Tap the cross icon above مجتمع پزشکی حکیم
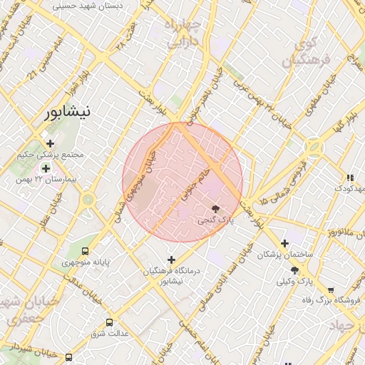coord(49,143)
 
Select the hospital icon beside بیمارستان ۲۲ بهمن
coord(46,168)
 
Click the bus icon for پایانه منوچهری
coord(86,251)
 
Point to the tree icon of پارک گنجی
coord(216,208)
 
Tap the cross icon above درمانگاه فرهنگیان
coord(171,259)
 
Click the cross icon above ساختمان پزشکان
coord(285,243)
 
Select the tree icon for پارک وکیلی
coord(294,270)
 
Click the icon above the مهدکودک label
coord(349,178)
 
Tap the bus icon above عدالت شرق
coord(109,322)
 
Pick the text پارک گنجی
coord(215,221)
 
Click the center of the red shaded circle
coord(182,182)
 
